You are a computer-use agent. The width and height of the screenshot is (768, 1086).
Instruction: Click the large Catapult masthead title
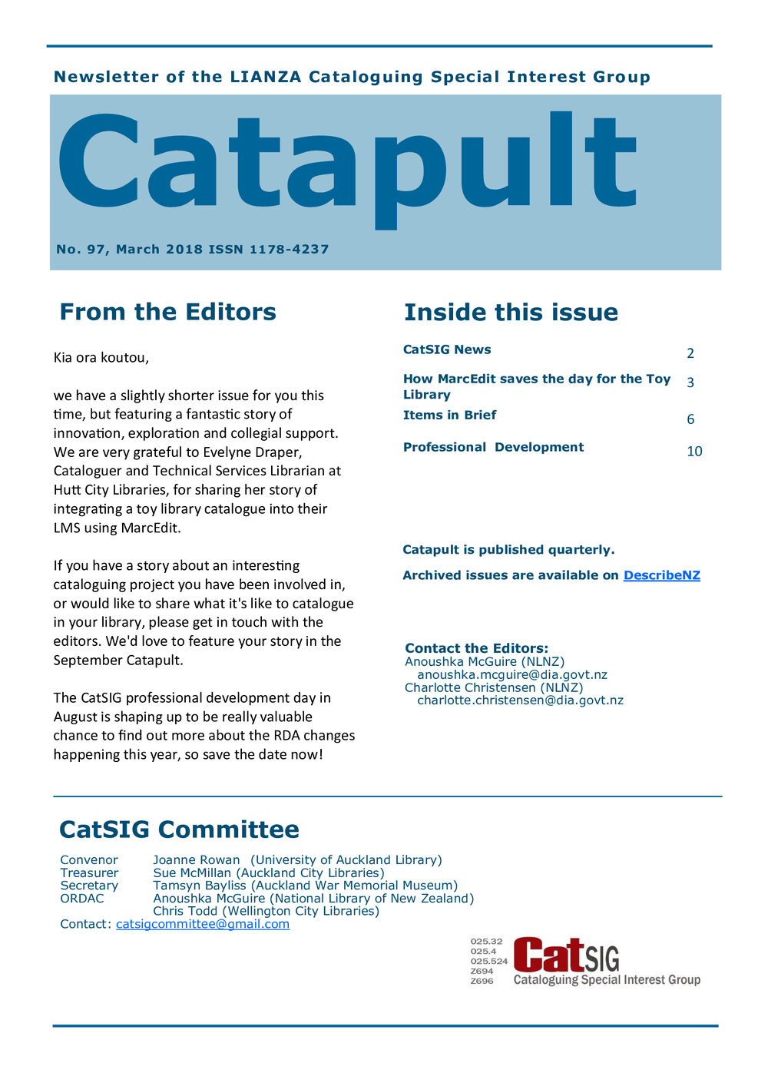click(346, 165)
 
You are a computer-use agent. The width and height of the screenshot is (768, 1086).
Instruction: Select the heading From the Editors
click(167, 312)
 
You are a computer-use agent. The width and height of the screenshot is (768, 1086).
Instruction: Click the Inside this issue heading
click(511, 313)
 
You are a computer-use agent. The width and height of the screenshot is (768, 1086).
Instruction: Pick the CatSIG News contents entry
click(447, 350)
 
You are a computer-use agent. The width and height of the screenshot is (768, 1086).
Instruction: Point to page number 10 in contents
click(694, 452)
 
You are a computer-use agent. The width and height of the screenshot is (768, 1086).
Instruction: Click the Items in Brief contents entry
click(449, 416)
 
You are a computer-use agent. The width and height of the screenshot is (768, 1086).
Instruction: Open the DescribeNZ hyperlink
click(661, 575)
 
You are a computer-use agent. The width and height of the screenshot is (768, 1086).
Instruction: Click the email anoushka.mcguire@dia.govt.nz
click(512, 675)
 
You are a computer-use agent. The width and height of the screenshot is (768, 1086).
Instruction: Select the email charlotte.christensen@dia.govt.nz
click(520, 700)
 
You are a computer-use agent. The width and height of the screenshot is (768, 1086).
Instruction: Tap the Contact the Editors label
click(476, 648)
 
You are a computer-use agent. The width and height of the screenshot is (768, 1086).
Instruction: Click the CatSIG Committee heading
click(179, 829)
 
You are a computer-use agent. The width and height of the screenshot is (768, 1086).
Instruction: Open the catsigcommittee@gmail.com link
click(203, 924)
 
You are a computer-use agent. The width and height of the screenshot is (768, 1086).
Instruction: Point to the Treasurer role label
click(89, 873)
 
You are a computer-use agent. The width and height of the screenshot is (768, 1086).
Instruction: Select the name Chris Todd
click(185, 912)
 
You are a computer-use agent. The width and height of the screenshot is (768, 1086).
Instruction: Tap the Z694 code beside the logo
click(482, 972)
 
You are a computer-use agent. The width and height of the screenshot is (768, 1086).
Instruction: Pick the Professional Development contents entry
click(493, 448)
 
